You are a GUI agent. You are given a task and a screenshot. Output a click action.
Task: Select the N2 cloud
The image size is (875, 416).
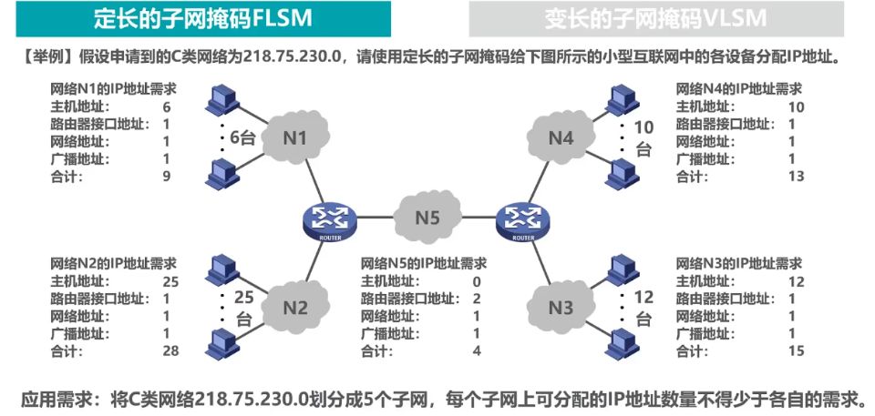coord(294,306)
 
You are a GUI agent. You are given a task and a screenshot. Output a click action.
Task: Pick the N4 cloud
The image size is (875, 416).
coord(561,138)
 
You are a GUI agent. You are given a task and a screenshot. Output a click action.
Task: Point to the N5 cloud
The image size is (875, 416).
coord(427,217)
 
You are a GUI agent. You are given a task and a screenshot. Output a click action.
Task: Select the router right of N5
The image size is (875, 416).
coord(523,218)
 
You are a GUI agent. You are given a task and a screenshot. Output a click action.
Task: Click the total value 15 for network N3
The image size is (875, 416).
coord(796,350)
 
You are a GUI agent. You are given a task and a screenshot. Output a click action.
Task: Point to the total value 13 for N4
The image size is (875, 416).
coord(796,176)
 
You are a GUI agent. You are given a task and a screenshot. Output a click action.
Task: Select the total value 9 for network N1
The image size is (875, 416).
coord(167,176)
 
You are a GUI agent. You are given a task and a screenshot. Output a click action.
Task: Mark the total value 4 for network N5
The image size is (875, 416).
coord(477,350)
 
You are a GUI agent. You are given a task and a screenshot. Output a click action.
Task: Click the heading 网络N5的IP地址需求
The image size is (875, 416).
coord(424,264)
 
